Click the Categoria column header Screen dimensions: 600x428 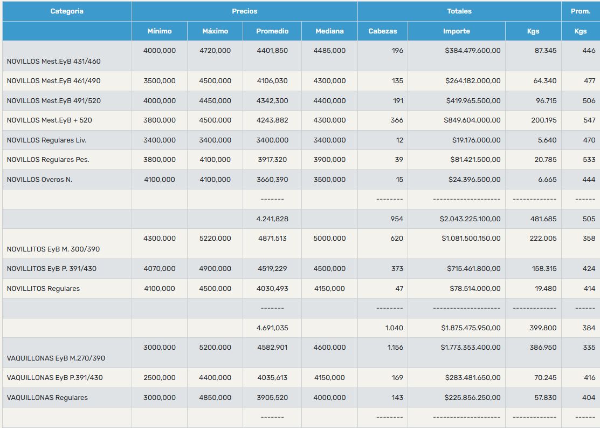67,11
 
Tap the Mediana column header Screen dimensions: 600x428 329,31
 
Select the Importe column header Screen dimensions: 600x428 457,31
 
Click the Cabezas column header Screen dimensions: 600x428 383,31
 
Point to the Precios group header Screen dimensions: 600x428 245,11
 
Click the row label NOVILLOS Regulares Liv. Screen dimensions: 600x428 47,140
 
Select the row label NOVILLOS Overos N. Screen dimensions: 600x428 39,180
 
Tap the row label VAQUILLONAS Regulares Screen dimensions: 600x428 47,398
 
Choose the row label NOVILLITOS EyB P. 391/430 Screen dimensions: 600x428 52,269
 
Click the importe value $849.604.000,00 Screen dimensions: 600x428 472,120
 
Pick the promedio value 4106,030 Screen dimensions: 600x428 272,81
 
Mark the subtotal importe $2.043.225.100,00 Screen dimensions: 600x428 470,219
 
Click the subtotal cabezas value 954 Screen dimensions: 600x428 397,219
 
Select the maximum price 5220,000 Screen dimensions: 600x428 215,239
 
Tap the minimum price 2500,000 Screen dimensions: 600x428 160,377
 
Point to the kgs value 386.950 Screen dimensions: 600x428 543,348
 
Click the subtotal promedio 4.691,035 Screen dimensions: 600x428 272,328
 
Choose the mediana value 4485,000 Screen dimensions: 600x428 329,51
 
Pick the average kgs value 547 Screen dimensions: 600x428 589,120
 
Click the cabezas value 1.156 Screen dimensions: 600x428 395,348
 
